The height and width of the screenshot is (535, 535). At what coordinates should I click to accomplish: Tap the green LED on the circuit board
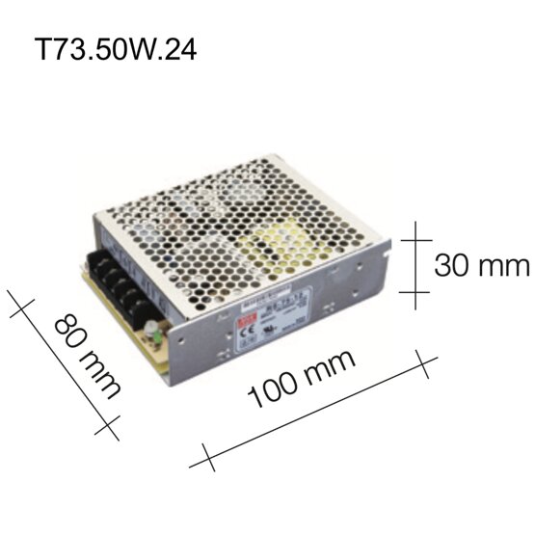click(151, 337)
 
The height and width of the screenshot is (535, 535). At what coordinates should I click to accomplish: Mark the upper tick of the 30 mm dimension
click(417, 235)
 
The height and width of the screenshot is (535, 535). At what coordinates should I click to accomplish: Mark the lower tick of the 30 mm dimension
click(417, 291)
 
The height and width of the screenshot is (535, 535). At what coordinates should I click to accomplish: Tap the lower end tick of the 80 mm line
click(112, 424)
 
